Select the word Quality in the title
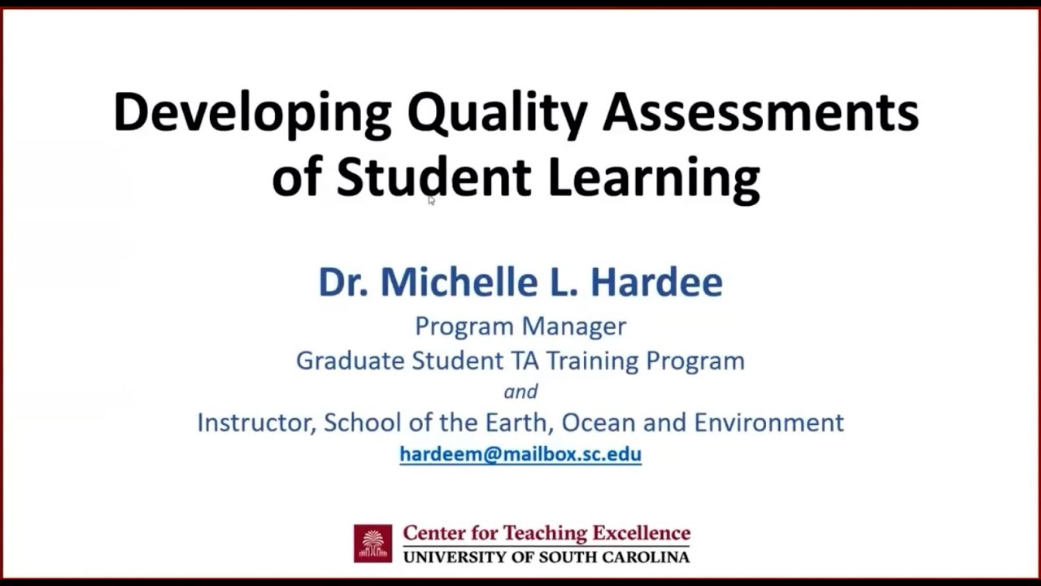click(x=496, y=114)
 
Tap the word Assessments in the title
click(x=760, y=112)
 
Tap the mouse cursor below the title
click(x=431, y=200)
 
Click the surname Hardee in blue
click(x=656, y=282)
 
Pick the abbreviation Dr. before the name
click(x=342, y=282)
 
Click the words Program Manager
click(x=520, y=326)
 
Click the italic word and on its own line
click(x=520, y=391)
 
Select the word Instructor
click(x=256, y=422)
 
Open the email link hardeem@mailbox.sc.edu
click(x=520, y=454)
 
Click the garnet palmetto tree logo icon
click(x=372, y=544)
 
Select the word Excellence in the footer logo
click(x=641, y=534)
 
